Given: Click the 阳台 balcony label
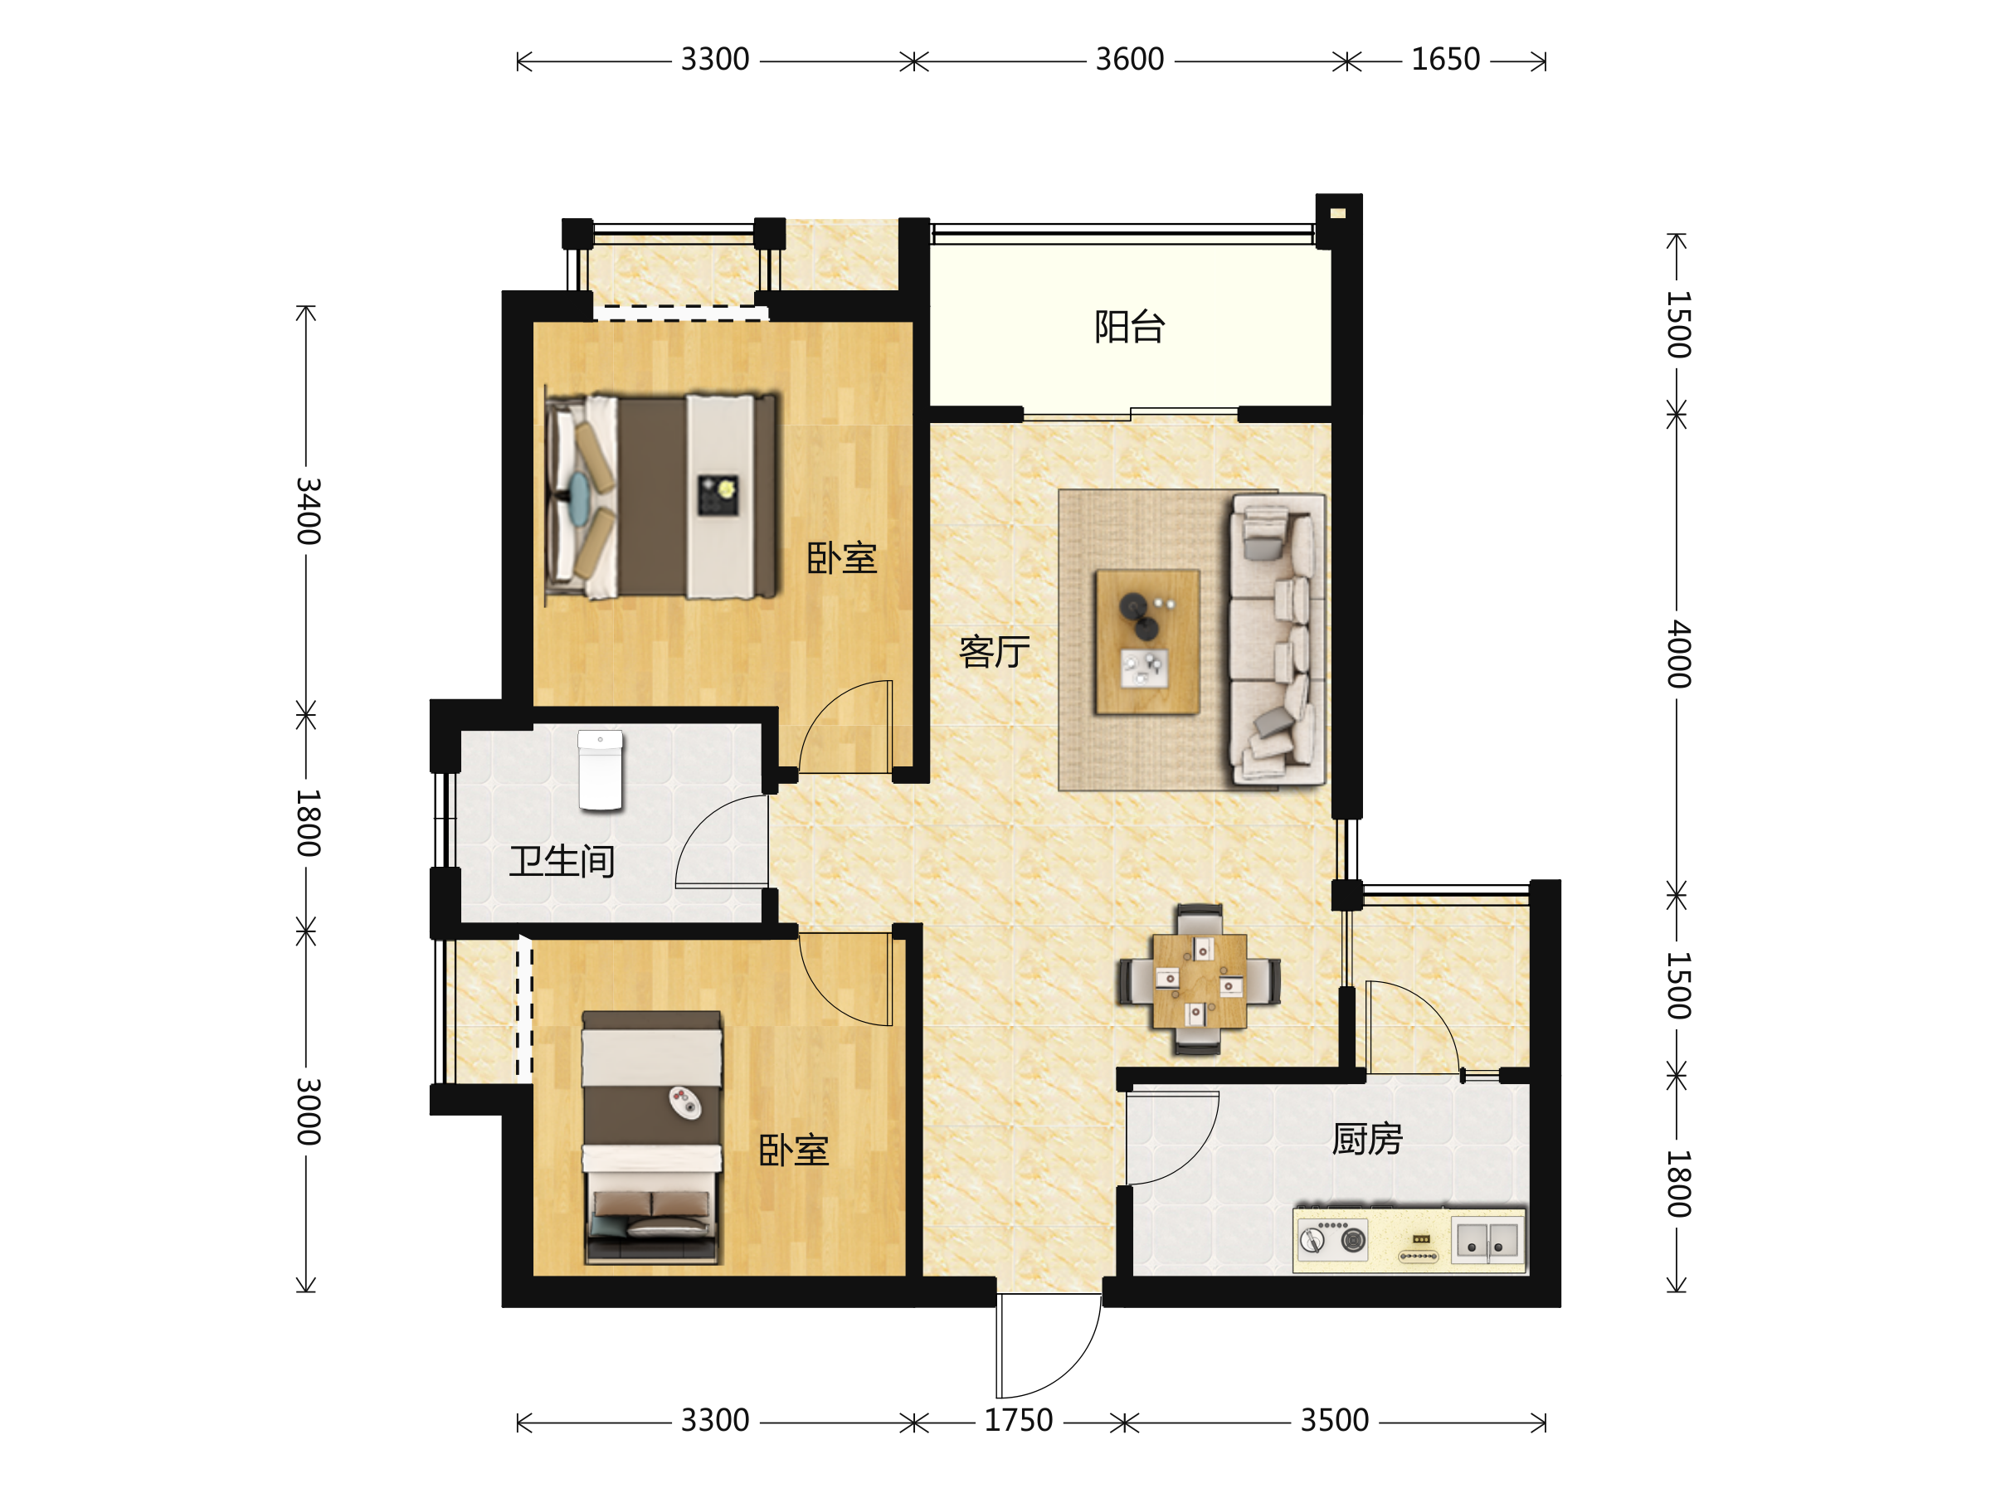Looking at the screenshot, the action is point(1130,327).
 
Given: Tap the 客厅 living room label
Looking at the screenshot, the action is point(995,652).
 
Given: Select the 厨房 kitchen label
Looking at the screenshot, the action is point(1367,1140).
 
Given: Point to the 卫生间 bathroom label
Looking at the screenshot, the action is point(562,861).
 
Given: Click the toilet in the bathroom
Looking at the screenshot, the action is point(601,771).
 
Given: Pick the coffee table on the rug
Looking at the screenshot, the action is point(1147,642).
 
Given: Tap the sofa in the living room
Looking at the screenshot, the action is point(1278,639).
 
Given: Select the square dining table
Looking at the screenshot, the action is point(1200,981).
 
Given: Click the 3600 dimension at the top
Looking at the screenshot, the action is point(1130,60).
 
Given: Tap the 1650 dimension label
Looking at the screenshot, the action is point(1445,60).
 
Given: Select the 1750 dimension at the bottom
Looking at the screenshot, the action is point(1018,1420).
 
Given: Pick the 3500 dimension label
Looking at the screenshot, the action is point(1335,1420).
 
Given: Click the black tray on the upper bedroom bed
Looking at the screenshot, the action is point(718,496).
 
